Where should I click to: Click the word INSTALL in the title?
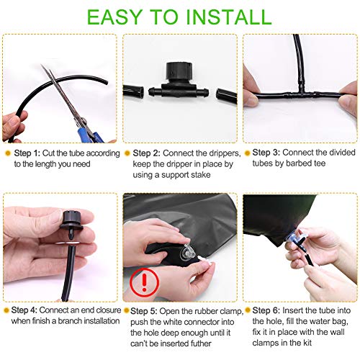tap(228, 17)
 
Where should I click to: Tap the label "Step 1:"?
tap(27, 153)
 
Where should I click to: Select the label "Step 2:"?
tap(146, 153)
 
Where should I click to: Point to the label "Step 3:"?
tap(266, 153)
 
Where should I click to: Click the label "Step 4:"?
tap(24, 310)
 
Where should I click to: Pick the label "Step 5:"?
tap(144, 311)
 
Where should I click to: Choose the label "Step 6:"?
tap(266, 310)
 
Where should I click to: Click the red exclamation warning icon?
tap(144, 282)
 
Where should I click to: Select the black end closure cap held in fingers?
tap(71, 220)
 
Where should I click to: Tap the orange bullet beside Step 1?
tap(8, 153)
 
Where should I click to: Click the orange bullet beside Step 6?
tap(248, 310)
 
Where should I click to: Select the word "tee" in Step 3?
tap(319, 163)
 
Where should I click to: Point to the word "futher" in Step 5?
tap(201, 343)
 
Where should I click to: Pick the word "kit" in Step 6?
tap(307, 343)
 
